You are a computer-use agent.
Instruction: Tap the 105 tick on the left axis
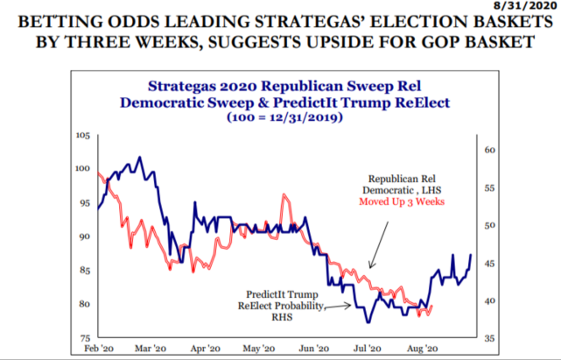coord(84,135)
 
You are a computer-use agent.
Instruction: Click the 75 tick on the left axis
coord(86,338)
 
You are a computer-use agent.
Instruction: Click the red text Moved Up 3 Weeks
coord(403,201)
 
